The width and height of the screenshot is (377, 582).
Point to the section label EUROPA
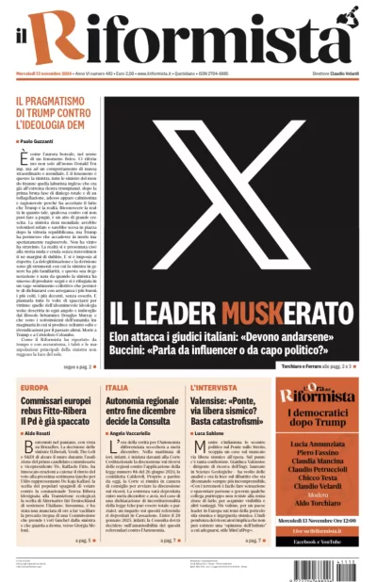(34, 387)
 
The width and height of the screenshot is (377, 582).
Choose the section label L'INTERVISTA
(221, 387)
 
